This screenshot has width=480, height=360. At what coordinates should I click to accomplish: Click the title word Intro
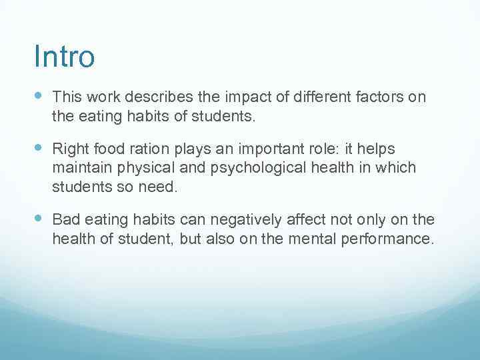coord(64,57)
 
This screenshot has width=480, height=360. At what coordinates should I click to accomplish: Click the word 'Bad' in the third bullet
coord(65,219)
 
